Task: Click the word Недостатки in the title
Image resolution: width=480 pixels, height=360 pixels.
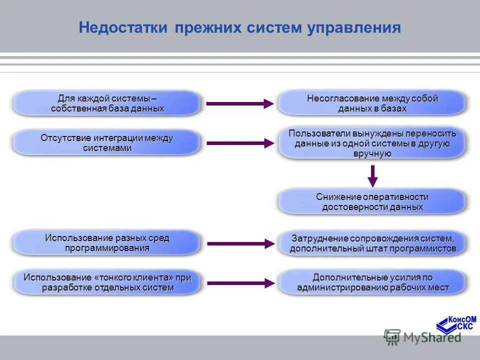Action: click(122, 27)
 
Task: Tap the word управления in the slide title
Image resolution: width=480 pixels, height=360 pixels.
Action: click(355, 27)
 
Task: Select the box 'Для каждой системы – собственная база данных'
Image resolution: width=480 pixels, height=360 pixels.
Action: click(107, 103)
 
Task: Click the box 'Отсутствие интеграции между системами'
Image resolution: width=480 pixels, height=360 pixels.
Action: click(107, 143)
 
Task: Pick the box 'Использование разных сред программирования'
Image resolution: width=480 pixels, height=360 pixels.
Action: click(107, 243)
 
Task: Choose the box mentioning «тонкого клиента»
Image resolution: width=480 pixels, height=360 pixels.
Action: click(107, 282)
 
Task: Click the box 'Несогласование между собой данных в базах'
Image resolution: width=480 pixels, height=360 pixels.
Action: click(372, 103)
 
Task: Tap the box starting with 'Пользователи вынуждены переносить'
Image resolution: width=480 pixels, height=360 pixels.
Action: click(372, 143)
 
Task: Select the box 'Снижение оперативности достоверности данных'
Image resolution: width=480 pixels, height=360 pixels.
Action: click(372, 202)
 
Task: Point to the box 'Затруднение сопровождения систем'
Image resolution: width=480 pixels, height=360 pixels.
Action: click(372, 243)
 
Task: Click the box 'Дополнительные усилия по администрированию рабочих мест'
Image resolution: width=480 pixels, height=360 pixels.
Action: click(372, 282)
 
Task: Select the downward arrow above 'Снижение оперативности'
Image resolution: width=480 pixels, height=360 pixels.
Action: click(372, 175)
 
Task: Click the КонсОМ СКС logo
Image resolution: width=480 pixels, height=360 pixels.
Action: click(456, 324)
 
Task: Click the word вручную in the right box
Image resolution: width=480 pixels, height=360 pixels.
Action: click(372, 153)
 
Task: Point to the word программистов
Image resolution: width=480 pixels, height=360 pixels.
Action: click(426, 248)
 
